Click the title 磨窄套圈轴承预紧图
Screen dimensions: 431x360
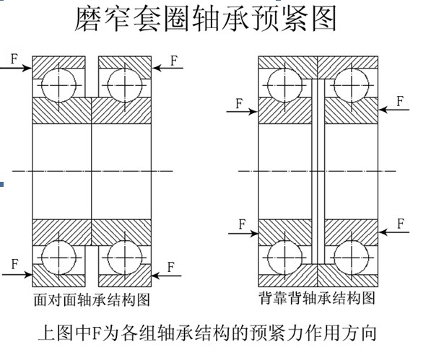tap(206, 19)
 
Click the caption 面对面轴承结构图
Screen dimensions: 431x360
tap(92, 299)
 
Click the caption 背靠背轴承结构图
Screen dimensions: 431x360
tap(317, 298)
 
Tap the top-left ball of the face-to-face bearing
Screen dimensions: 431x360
tap(58, 85)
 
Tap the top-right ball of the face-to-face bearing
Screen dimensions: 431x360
tap(125, 85)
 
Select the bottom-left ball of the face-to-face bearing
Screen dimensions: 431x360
tap(58, 258)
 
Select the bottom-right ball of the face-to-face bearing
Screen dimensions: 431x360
tap(125, 258)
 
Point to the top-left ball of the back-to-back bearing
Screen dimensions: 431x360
tap(284, 85)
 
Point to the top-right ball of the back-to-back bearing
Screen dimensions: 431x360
tap(352, 85)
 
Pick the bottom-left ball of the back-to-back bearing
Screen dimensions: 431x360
tap(284, 258)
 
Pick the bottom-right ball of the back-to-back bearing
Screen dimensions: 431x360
tap(352, 258)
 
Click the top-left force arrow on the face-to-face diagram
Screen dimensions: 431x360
tap(16, 68)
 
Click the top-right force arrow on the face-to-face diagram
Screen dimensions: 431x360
tap(167, 68)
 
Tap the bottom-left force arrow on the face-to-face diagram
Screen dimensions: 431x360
tap(17, 274)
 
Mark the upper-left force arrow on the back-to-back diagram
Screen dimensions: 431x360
tap(242, 112)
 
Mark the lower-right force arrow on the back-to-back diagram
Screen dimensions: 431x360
tap(393, 232)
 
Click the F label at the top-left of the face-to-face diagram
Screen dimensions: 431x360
tap(14, 58)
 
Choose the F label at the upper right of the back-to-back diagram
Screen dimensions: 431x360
tap(400, 101)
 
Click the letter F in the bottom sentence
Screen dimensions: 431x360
tap(96, 333)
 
